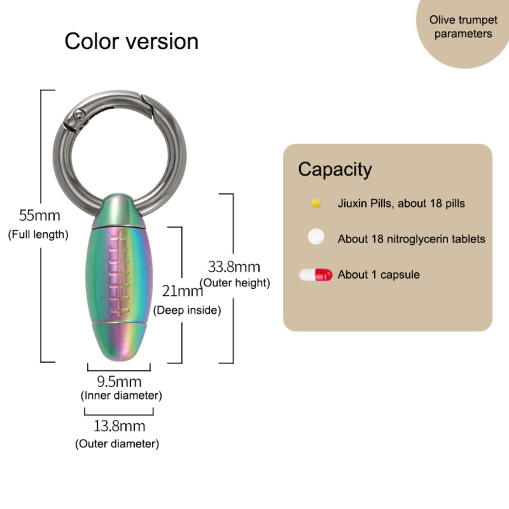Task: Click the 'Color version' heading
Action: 131,41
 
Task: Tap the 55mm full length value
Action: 39,216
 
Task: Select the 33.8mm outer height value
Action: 234,267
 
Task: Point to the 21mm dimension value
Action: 182,291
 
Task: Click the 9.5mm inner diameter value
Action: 119,382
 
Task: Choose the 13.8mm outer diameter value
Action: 119,426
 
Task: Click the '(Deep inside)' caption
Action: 187,310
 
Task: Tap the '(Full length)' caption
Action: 38,235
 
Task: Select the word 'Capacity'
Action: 335,169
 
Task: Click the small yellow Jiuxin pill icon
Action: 316,203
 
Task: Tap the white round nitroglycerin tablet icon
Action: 316,237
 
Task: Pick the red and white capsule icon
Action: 316,275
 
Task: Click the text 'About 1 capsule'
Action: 379,275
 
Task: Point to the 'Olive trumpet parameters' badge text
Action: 463,27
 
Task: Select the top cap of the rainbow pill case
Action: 117,210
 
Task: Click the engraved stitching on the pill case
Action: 119,274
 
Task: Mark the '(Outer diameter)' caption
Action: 117,444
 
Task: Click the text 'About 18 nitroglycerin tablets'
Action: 411,239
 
